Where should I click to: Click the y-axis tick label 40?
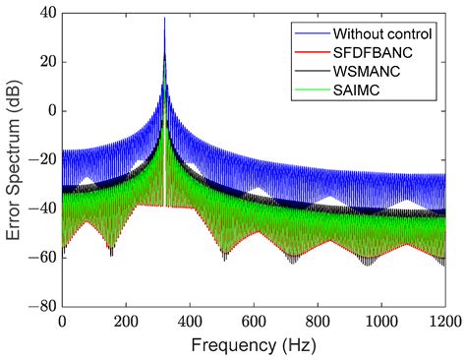click(x=45, y=13)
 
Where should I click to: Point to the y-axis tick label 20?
click(x=45, y=62)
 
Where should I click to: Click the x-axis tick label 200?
click(x=126, y=321)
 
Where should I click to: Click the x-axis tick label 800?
click(x=318, y=321)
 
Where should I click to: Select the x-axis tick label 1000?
click(x=381, y=321)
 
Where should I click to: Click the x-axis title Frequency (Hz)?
click(x=253, y=345)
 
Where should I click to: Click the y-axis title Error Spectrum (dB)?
click(x=14, y=158)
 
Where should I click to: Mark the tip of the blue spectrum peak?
click(x=164, y=18)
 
